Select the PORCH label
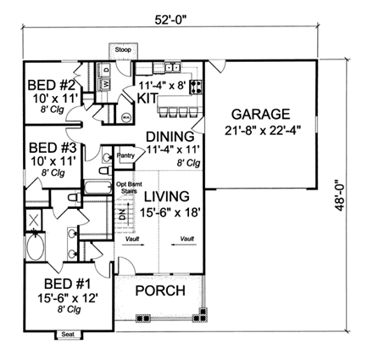pos(160,291)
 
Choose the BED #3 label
pos(41,146)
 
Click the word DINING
pos(170,136)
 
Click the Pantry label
pos(125,155)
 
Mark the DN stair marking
pos(120,217)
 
